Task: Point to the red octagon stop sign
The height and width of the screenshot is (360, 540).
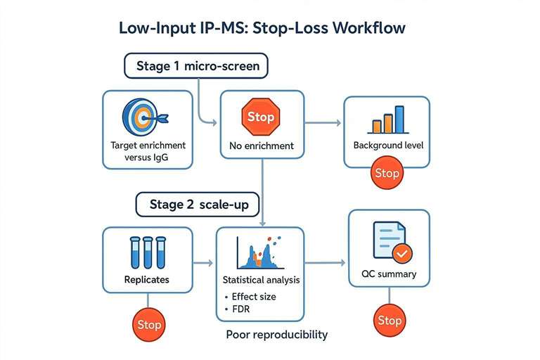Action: [x=261, y=116]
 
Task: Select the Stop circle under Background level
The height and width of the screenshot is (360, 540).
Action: [x=386, y=173]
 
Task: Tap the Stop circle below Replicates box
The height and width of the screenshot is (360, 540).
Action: [x=148, y=325]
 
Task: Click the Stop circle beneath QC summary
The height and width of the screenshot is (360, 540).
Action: [x=389, y=320]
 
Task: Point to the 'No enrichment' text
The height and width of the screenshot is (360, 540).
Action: [x=261, y=147]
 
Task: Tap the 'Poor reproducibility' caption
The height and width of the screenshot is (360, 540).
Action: [x=276, y=334]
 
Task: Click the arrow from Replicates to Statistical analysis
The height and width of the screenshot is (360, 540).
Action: [x=203, y=264]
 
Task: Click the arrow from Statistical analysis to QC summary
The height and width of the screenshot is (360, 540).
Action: [x=327, y=264]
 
